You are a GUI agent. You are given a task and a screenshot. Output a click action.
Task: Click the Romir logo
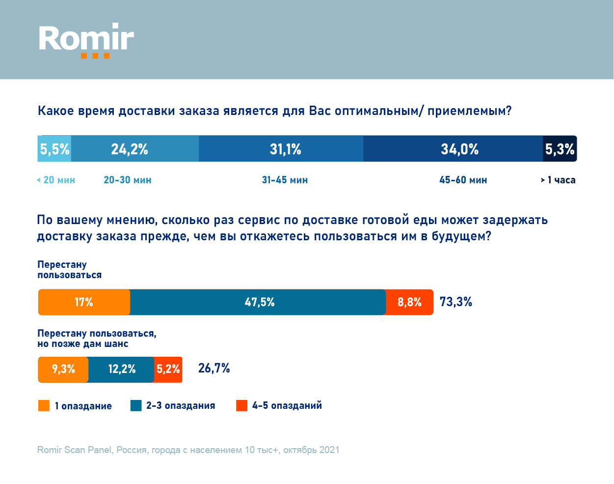click(x=86, y=40)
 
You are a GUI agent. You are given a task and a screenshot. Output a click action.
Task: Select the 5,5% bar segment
click(x=54, y=149)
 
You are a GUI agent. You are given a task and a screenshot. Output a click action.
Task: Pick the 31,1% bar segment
click(x=281, y=149)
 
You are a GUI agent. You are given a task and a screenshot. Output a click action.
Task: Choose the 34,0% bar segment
click(x=453, y=149)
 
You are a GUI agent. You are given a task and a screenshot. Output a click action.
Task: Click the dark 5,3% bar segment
click(x=560, y=149)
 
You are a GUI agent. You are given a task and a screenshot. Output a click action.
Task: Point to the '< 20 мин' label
click(x=56, y=180)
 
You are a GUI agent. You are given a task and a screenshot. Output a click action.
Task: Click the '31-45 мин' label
click(x=285, y=180)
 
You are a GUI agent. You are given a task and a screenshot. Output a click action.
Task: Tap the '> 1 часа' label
click(x=558, y=180)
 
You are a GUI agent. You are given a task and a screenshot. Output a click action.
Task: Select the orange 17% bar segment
click(x=84, y=302)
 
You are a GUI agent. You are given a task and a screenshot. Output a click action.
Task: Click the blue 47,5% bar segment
click(x=258, y=302)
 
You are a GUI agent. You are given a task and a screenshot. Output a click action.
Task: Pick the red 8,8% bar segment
click(x=409, y=302)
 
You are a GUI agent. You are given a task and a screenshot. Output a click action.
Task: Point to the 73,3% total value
click(x=455, y=302)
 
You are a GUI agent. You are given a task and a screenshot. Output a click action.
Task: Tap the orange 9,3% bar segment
click(x=63, y=370)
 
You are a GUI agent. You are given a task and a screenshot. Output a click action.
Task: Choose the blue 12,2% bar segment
click(x=121, y=370)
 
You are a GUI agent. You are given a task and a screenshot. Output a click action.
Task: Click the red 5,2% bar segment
click(x=168, y=370)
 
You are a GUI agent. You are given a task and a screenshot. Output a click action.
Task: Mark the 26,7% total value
click(x=214, y=369)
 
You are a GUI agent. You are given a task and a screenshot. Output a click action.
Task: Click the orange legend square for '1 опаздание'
click(x=44, y=406)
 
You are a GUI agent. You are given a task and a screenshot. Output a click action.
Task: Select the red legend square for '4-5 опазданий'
click(x=241, y=406)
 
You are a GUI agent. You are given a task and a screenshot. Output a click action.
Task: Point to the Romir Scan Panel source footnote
click(x=188, y=450)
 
